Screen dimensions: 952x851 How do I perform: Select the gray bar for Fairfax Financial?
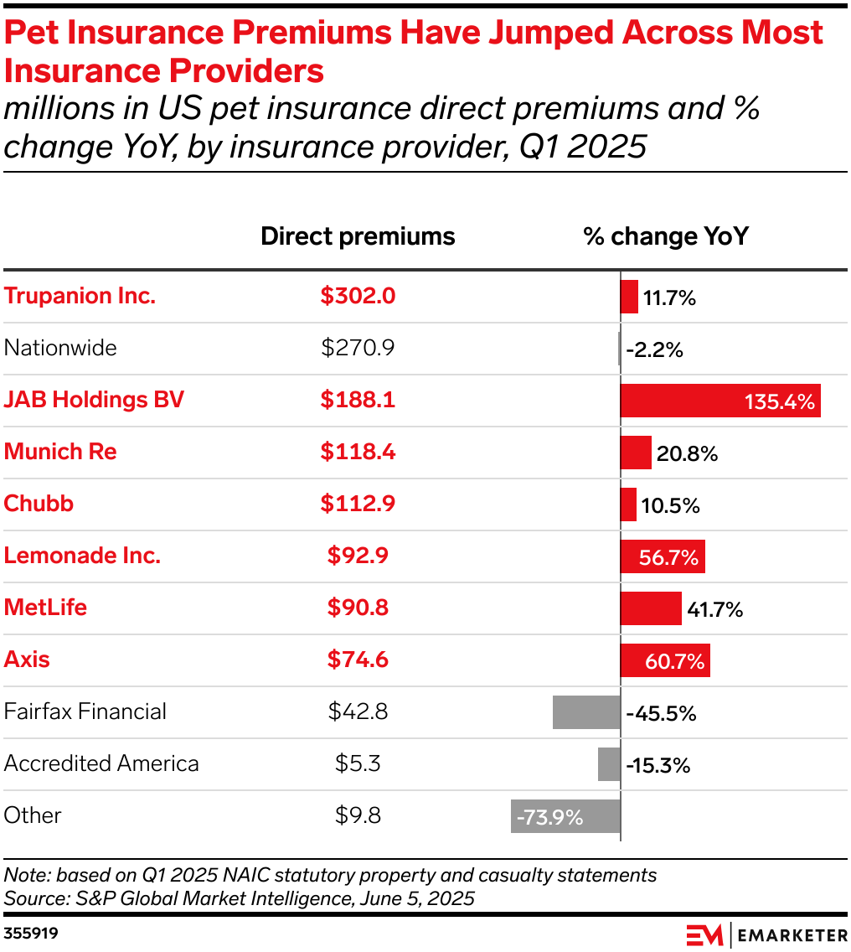pos(586,712)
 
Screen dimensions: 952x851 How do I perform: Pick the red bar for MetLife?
pos(651,608)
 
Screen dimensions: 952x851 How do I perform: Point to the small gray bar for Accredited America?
pos(609,764)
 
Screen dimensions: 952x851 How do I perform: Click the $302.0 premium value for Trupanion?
pos(358,296)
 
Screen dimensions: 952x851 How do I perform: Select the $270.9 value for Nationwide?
pos(358,348)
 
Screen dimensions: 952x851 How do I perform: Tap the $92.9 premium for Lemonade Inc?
pos(358,556)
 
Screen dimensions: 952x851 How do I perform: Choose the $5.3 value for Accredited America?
pos(358,763)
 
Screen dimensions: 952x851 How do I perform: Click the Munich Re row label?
pos(60,452)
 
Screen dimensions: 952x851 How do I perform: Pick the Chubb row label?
pos(39,504)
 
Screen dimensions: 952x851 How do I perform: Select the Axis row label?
pos(27,660)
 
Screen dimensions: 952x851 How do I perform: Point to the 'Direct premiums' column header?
pos(358,236)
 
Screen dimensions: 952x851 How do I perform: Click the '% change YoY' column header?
pos(666,236)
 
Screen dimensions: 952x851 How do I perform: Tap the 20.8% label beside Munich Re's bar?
pos(688,454)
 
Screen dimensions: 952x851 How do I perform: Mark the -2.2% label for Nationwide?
pos(654,350)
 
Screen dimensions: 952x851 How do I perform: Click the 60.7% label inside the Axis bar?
pos(674,662)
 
